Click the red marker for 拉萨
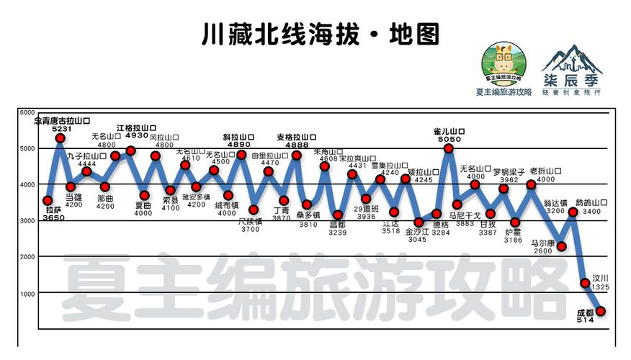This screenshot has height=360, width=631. (48, 200)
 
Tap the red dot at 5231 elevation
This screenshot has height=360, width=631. (61, 138)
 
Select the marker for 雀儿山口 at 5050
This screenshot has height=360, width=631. (449, 148)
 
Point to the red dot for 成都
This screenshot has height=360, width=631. (600, 311)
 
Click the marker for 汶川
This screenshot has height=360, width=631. (585, 284)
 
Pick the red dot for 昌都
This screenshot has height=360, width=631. (337, 215)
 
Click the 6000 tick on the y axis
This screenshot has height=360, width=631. (27, 113)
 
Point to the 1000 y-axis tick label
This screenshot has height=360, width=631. (27, 294)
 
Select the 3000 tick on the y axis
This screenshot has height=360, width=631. (27, 221)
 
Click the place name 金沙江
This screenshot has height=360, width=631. (417, 232)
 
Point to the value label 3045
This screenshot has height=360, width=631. (417, 240)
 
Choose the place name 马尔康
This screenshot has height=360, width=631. (542, 243)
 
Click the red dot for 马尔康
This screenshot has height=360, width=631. (561, 247)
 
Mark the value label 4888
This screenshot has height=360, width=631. (296, 144)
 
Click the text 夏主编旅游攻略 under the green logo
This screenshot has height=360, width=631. (504, 92)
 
